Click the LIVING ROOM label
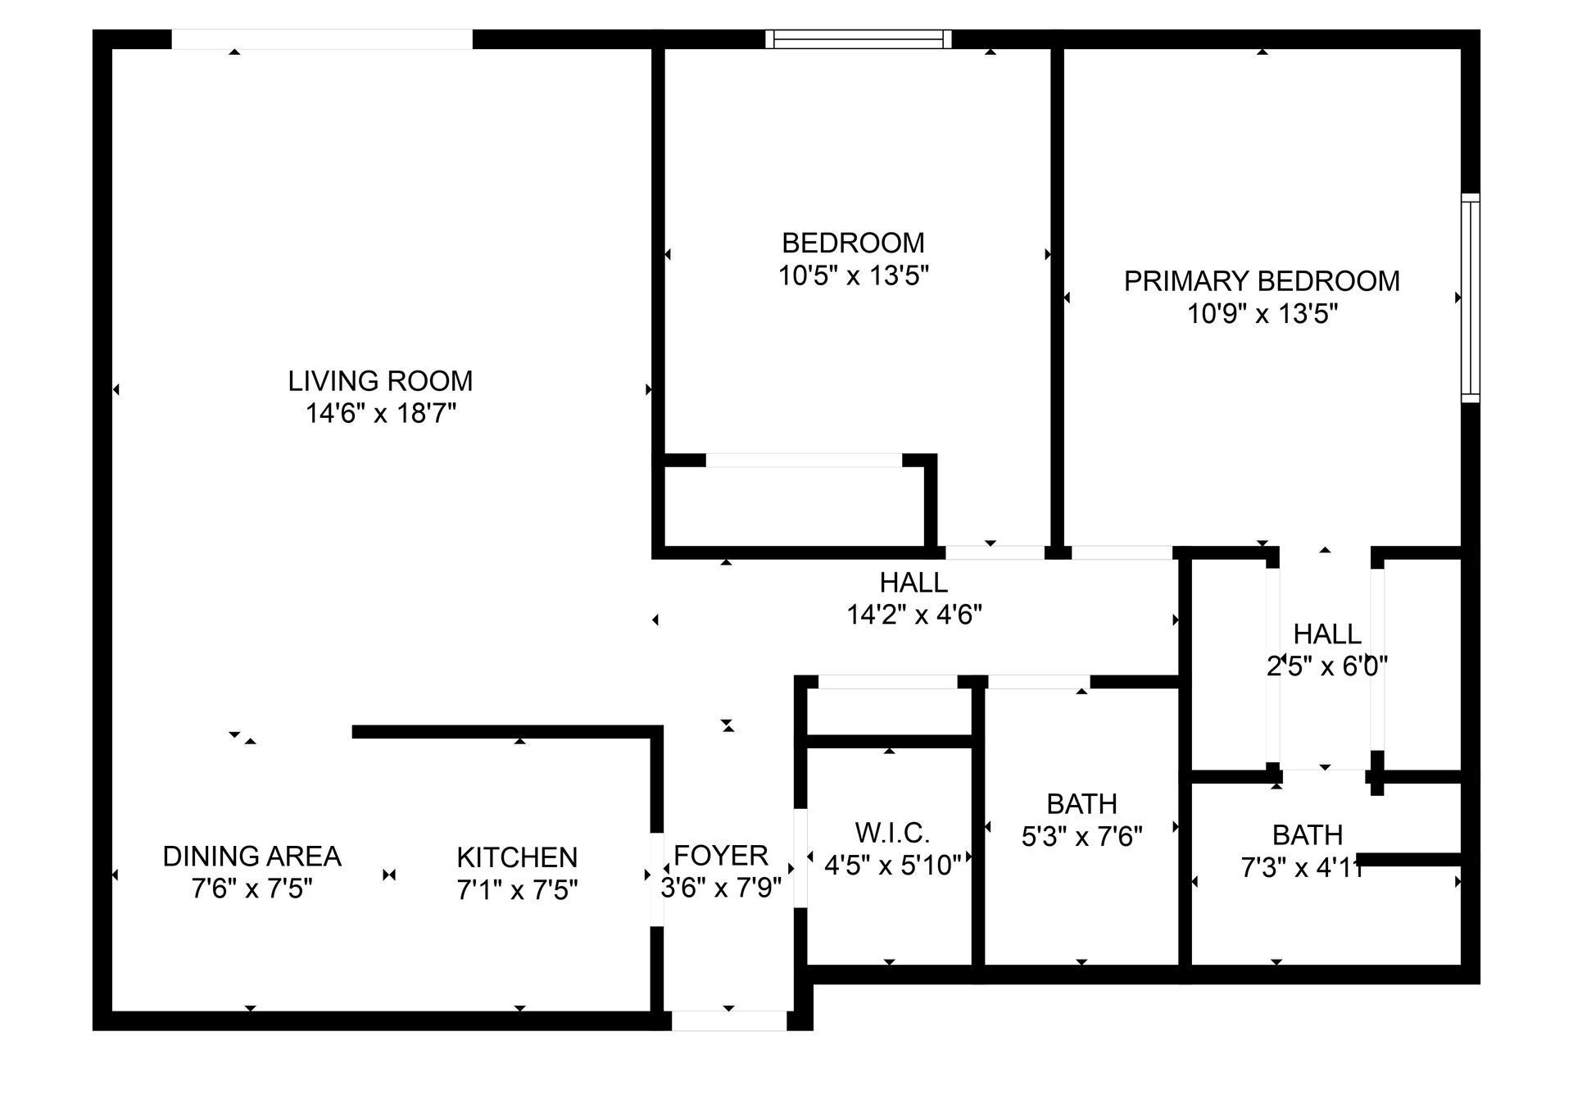click(380, 381)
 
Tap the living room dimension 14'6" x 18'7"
click(380, 414)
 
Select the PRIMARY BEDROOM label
click(1262, 281)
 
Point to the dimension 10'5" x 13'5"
click(853, 275)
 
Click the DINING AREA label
click(252, 857)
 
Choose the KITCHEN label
click(517, 857)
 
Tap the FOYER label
click(721, 856)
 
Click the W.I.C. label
click(892, 834)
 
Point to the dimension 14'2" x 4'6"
click(913, 615)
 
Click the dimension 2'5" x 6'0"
click(1327, 666)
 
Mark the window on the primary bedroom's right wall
click(1471, 298)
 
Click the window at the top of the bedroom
click(859, 39)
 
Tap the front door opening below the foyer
click(729, 1020)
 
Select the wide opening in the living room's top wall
click(322, 39)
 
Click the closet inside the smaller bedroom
click(794, 507)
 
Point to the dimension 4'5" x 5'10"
click(892, 866)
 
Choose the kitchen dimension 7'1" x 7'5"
click(517, 890)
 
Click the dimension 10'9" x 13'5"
click(1262, 314)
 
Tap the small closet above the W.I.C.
click(889, 711)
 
